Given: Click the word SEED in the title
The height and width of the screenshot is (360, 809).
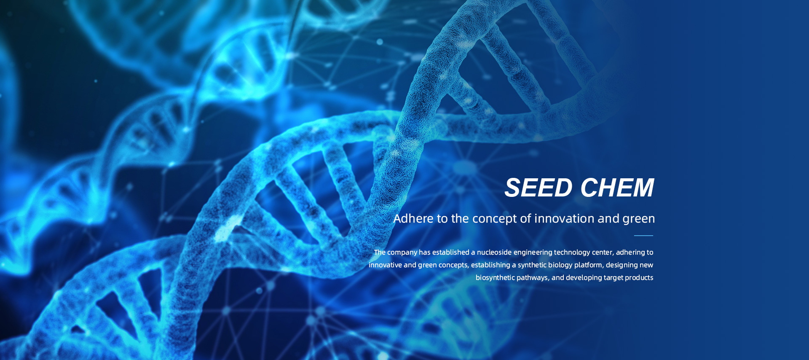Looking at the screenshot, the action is point(538,188).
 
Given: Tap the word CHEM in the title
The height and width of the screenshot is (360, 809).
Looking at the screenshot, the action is point(617,188).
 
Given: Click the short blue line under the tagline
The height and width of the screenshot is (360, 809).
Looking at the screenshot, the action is point(643,236).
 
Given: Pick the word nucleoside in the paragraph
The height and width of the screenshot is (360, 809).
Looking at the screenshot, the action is point(494,252).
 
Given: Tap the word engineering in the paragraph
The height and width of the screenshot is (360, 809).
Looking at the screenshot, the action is point(533,253).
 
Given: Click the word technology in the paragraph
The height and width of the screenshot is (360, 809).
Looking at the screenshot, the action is point(572,253).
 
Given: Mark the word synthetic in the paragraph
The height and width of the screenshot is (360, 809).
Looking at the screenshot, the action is point(532,265).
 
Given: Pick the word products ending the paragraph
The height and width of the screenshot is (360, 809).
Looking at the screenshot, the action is point(639,278).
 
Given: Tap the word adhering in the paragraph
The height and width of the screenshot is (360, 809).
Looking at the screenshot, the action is point(631,253).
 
